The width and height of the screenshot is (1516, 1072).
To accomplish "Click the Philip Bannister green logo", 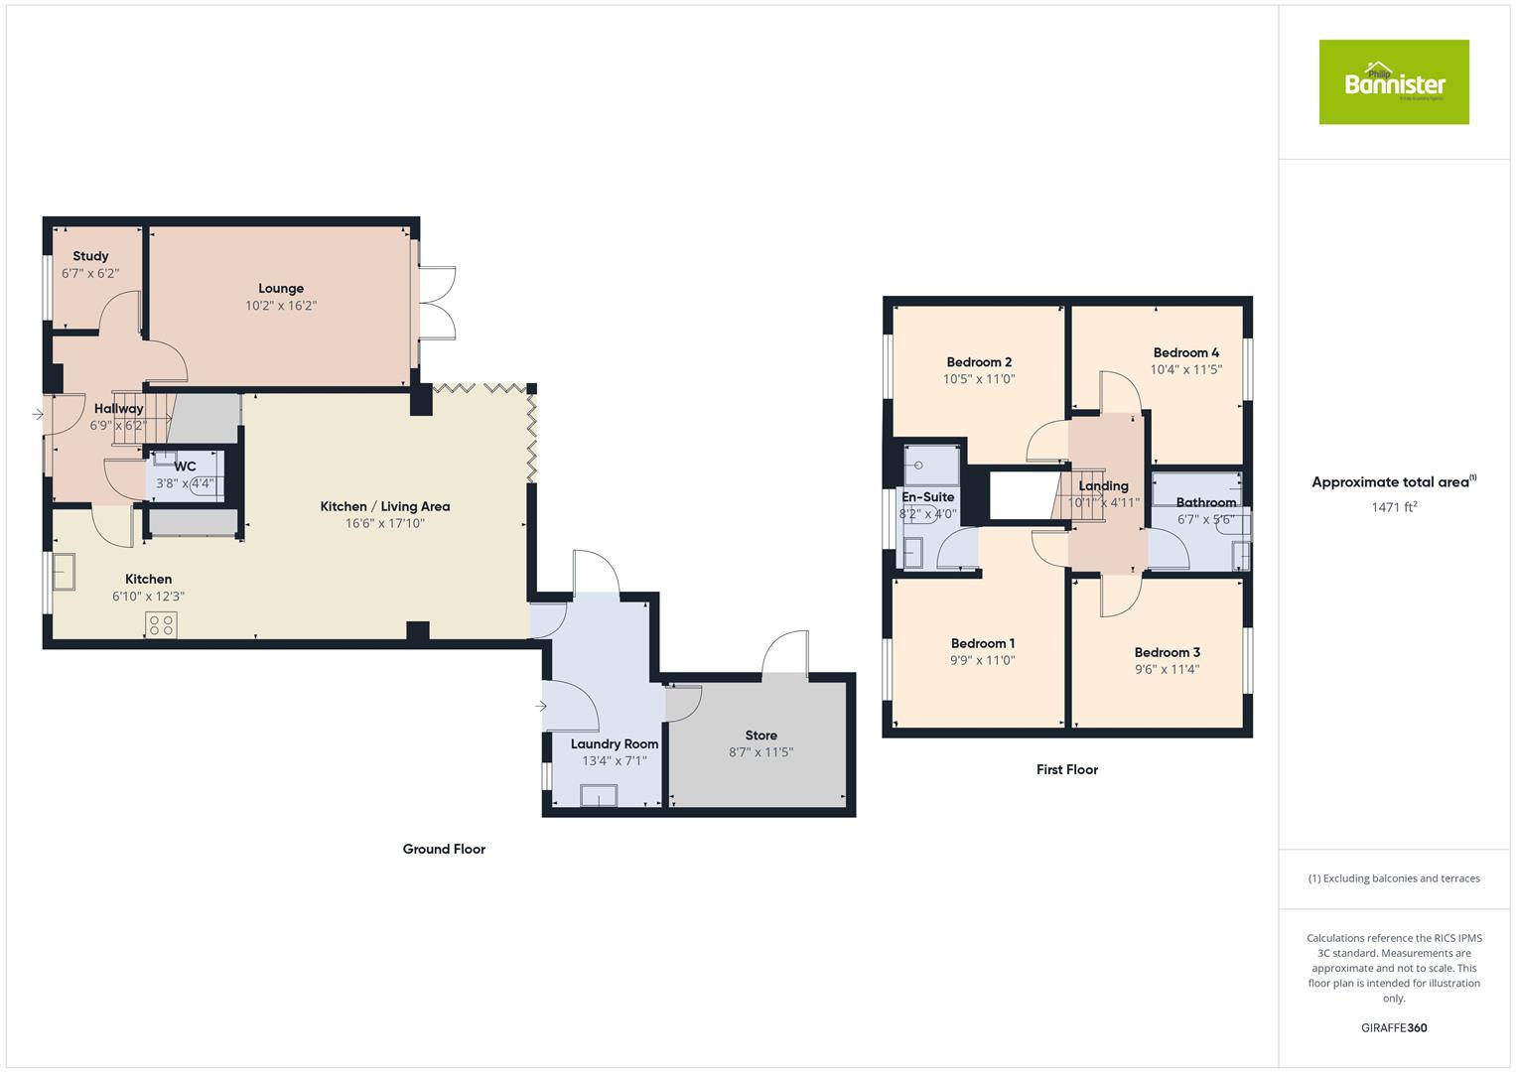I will pos(1393,82).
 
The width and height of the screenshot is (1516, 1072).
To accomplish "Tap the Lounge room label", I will pos(281,289).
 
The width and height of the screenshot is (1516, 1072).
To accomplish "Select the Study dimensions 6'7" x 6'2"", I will pos(90,273).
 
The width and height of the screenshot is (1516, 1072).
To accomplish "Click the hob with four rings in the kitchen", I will pos(162,625).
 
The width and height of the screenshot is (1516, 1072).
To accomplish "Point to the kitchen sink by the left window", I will pos(66,572).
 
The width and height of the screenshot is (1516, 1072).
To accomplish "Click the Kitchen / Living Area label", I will pos(385,506).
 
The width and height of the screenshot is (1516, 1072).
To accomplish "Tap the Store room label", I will pos(760,736).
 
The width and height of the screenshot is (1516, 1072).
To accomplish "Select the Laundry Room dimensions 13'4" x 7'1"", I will pos(614,761).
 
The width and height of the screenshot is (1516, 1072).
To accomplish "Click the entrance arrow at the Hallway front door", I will pos(38,414).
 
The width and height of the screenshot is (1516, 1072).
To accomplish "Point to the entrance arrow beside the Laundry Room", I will pos(540,706).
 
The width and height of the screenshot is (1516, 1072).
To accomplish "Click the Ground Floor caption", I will pos(444,849).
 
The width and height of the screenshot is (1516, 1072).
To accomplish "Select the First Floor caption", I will pos(1067,769).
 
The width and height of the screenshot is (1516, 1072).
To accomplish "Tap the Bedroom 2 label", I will pos(979,362).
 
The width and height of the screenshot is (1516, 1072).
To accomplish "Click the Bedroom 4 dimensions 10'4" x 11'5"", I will pos(1185,369).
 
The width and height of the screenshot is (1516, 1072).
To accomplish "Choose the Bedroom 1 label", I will pos(982,643).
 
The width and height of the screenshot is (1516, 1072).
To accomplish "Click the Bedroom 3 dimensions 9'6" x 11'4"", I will pos(1167,669).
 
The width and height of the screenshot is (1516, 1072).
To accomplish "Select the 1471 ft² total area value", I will pos(1394,507).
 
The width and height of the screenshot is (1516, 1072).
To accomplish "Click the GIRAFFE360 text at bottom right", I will pos(1394,1027).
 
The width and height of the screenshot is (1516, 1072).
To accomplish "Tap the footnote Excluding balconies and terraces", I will pos(1394,878).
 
